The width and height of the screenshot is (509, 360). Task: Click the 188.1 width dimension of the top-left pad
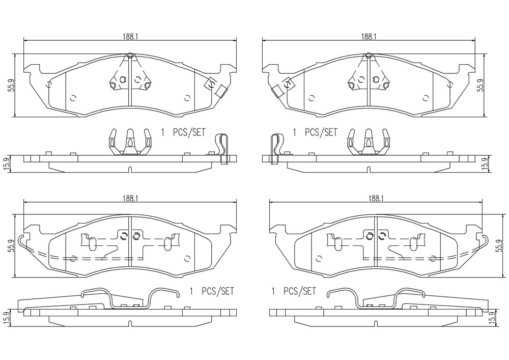pos(130,37)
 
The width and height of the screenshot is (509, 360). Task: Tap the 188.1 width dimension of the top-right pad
pos(368,37)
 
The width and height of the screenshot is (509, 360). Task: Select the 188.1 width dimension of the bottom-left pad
pos(130,199)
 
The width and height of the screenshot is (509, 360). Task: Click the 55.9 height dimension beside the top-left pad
pos(11,85)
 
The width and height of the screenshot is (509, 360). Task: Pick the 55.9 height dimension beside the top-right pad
pos(480,85)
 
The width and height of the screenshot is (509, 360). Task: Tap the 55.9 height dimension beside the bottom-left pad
pos(11,246)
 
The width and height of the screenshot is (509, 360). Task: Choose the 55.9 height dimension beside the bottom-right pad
pos(501,246)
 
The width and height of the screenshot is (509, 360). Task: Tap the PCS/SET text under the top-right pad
pos(321,132)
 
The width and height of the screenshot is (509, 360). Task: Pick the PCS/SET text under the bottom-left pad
pos(217,291)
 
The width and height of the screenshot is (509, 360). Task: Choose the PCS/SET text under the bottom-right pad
pos(299,291)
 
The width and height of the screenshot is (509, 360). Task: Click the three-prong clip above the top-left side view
pos(130,142)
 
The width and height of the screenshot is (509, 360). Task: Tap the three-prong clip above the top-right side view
pos(368,142)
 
